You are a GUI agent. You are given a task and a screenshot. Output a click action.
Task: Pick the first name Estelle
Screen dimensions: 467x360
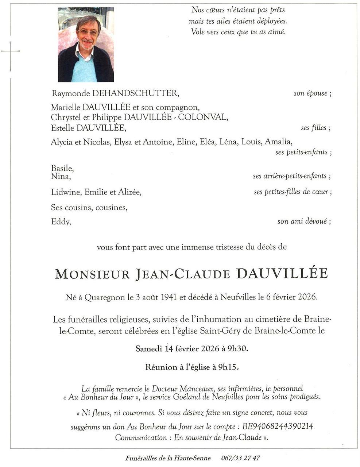62,128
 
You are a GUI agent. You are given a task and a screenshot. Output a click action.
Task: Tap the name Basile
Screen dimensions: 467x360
62,169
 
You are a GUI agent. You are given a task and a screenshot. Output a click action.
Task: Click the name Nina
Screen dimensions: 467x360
61,177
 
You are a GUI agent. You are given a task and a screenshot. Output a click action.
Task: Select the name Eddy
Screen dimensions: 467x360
60,221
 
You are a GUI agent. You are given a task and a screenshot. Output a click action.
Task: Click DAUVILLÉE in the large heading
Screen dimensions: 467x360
282,274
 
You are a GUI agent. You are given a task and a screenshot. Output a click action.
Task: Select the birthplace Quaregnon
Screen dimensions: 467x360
105,297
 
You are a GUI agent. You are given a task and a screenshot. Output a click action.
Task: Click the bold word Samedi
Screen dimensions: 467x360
149,348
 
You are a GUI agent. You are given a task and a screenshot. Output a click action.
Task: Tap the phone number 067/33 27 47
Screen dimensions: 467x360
240,458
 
